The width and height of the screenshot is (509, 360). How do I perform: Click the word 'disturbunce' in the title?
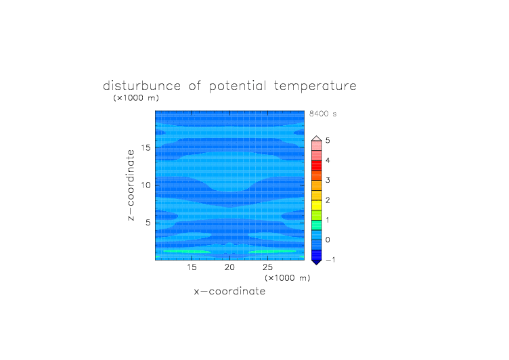(x=142, y=86)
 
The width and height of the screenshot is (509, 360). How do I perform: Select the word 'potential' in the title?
(x=238, y=87)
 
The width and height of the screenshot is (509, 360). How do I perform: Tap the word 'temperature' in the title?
(x=315, y=87)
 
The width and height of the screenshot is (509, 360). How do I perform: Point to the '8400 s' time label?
(x=323, y=114)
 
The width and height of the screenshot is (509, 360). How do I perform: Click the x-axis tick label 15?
(x=192, y=267)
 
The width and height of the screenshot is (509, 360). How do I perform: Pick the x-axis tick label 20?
(x=229, y=267)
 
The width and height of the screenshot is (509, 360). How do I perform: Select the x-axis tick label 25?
(x=267, y=267)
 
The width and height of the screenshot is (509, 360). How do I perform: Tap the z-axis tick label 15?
(x=146, y=148)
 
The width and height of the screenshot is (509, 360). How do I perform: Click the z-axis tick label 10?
(x=146, y=185)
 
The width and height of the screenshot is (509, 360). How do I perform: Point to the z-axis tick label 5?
(x=148, y=223)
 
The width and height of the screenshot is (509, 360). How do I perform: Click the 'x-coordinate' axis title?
(x=229, y=291)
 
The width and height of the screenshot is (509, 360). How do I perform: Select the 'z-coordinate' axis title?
(x=130, y=185)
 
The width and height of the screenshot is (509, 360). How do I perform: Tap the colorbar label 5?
(x=328, y=141)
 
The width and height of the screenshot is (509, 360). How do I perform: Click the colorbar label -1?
(x=330, y=260)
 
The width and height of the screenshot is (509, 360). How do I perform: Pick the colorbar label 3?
(x=328, y=181)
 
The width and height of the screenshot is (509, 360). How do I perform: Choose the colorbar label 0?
(x=328, y=240)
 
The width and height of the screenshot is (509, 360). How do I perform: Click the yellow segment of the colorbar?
(x=317, y=205)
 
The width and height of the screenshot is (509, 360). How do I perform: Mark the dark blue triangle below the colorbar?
(x=317, y=262)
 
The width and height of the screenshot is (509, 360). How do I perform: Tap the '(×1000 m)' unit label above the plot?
(x=136, y=97)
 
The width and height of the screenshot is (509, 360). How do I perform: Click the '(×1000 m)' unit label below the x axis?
(x=288, y=278)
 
